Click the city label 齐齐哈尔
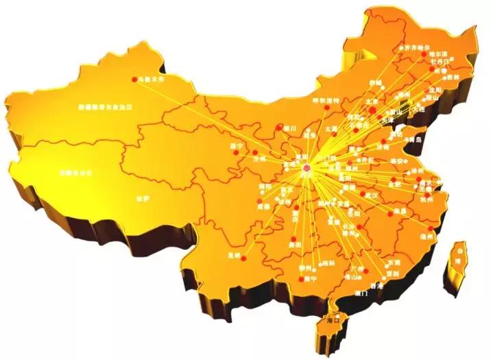click(420, 49)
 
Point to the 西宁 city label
click(237, 146)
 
